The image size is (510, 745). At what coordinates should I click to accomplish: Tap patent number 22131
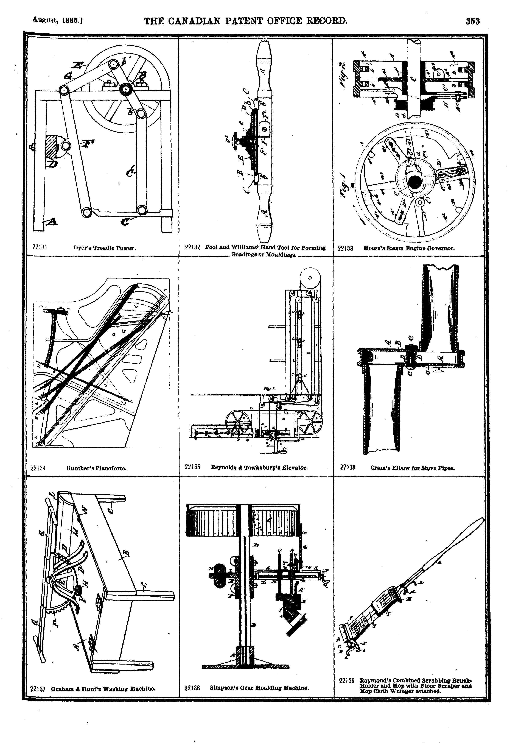click(x=40, y=247)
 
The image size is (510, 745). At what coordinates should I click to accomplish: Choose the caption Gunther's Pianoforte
click(x=96, y=468)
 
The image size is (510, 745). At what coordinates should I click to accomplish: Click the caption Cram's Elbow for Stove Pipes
click(x=413, y=468)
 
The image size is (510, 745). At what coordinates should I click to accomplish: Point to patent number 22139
click(x=346, y=680)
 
